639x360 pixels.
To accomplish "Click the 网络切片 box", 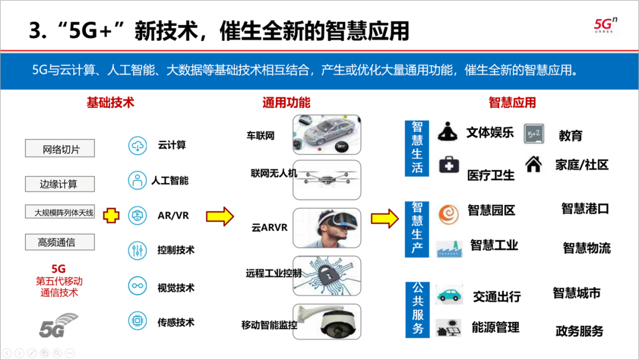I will click(x=60, y=149).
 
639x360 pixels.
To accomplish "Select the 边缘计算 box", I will click(x=59, y=184).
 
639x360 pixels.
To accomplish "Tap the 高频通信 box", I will click(x=59, y=242).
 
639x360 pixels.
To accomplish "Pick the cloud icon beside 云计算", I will click(x=138, y=145).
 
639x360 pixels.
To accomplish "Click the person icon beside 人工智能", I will click(x=138, y=180).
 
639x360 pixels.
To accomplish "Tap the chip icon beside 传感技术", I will click(x=138, y=322).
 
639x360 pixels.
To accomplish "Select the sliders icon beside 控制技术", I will click(x=138, y=250).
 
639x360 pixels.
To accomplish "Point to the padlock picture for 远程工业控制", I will click(x=327, y=274).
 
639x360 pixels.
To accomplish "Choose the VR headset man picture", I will click(x=327, y=227).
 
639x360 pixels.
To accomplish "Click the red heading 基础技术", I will click(x=111, y=102).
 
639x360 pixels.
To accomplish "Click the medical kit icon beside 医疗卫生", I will click(x=449, y=165).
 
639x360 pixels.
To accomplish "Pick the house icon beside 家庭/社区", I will click(x=534, y=164).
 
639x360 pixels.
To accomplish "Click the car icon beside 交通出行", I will click(x=449, y=295).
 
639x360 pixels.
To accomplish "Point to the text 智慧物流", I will click(x=586, y=247).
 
